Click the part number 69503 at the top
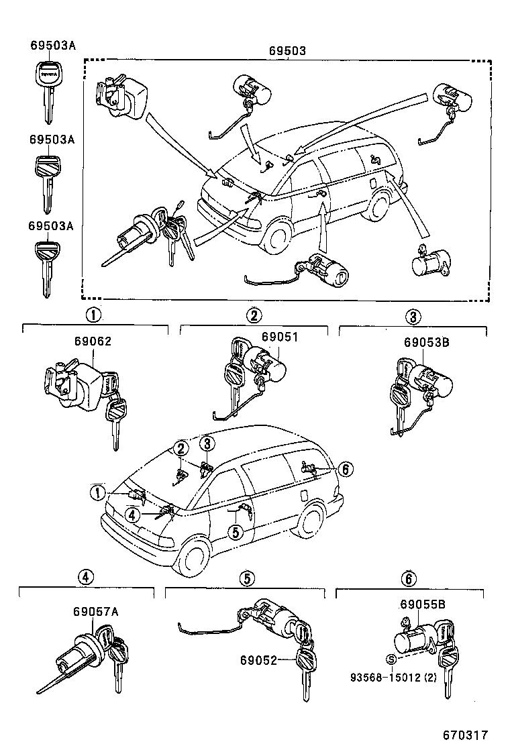click(288, 50)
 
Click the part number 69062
click(93, 341)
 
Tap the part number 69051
click(279, 337)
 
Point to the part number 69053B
click(426, 341)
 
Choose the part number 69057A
click(96, 611)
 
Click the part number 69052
click(258, 660)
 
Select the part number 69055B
click(423, 604)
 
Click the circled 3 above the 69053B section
click(413, 316)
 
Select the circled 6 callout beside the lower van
click(344, 469)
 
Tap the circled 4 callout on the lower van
click(133, 515)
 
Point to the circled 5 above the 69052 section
click(246, 578)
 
